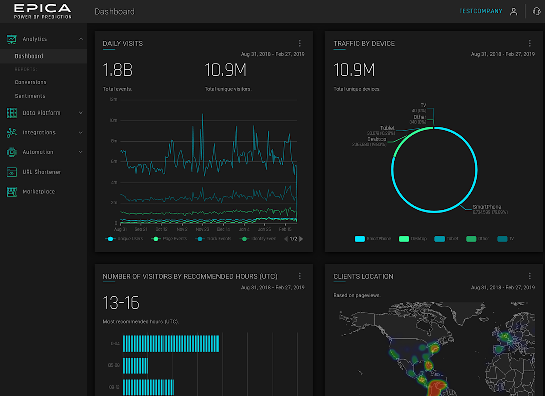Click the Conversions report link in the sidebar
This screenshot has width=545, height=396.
(31, 82)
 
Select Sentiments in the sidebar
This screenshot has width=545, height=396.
(30, 96)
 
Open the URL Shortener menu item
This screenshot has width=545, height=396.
(41, 172)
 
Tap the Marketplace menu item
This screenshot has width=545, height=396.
(39, 192)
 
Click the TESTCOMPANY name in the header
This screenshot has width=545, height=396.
(480, 11)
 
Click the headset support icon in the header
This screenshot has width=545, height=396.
(536, 11)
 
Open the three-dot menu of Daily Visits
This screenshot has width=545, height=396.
(300, 44)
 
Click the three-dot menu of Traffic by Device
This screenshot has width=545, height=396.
(530, 44)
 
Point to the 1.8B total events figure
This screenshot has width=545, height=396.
(118, 70)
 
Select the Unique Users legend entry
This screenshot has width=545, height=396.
(130, 239)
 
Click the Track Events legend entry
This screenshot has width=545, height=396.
(219, 239)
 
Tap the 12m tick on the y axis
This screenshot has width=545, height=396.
(114, 99)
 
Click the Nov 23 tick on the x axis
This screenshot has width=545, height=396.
(202, 229)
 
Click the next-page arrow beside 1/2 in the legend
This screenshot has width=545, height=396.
(302, 239)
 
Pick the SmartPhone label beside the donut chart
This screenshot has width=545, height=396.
(487, 207)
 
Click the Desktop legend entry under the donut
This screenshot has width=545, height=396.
(418, 239)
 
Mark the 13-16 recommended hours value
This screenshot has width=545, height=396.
(121, 303)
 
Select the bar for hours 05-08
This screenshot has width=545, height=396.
(135, 366)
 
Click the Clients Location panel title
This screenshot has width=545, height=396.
(363, 276)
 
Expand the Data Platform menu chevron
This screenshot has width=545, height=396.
(81, 113)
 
